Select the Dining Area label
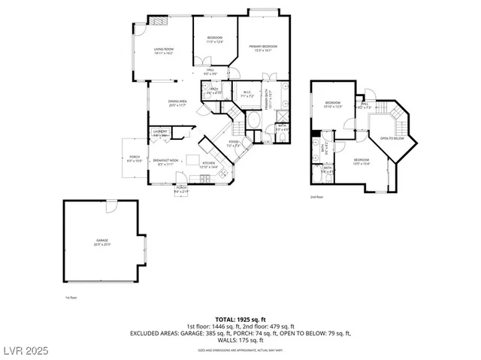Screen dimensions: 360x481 click(177, 103)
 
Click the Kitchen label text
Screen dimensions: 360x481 click(208, 165)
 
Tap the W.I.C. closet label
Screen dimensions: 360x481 click(247, 94)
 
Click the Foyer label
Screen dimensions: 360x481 click(234, 144)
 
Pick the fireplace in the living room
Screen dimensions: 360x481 click(159, 22)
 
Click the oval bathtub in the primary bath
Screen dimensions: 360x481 click(253, 122)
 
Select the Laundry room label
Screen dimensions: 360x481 click(160, 133)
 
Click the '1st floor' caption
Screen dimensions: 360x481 click(71, 298)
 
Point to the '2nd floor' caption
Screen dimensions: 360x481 click(316, 197)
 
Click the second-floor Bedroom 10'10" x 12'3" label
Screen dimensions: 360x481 click(333, 104)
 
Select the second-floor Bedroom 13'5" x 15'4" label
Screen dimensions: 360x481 click(362, 162)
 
